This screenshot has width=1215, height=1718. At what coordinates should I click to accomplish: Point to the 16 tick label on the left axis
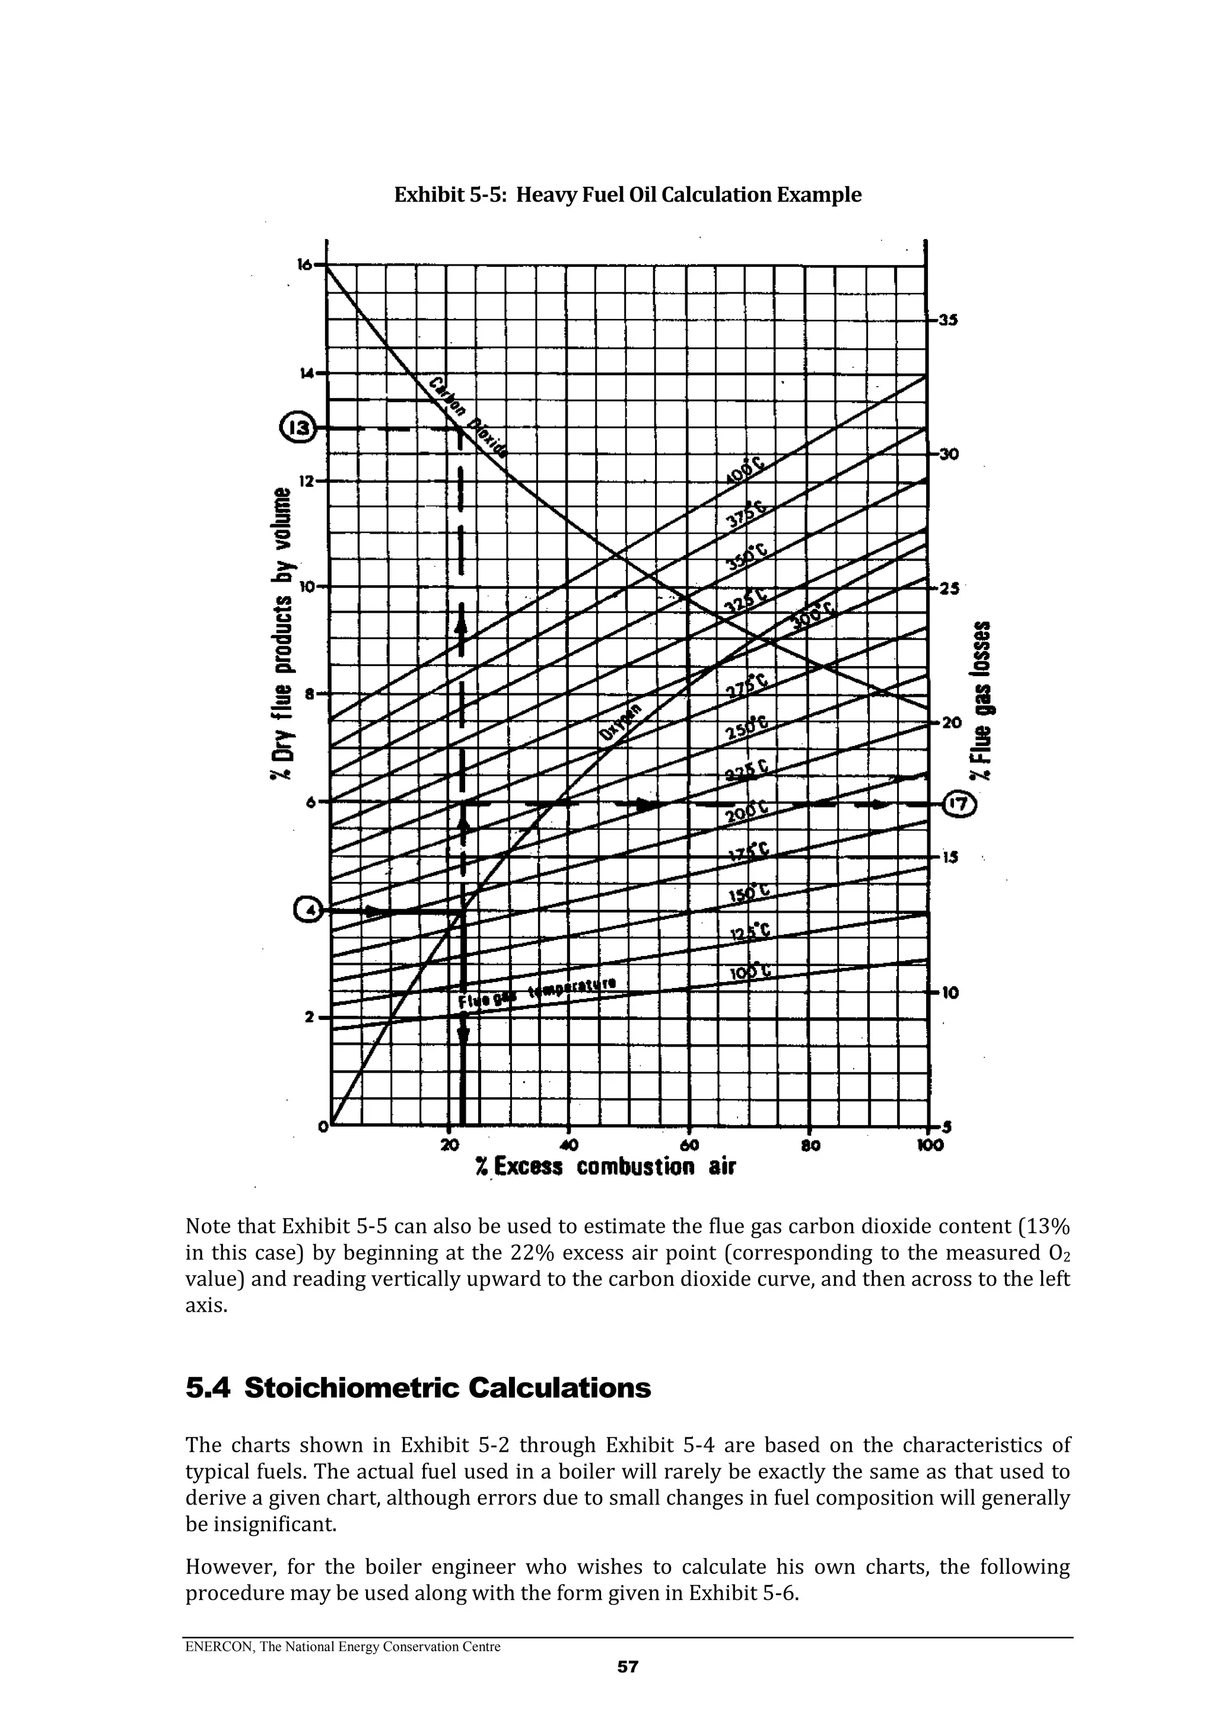click(x=305, y=264)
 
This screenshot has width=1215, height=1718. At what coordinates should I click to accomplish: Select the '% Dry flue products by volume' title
click(x=284, y=633)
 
